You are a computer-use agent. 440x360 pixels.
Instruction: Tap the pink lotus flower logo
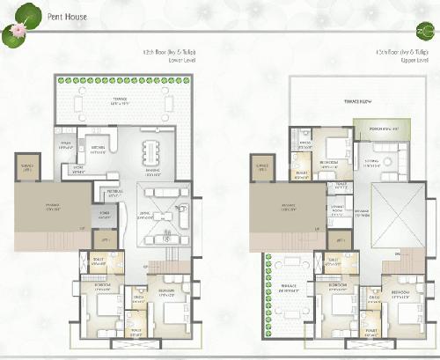click(x=14, y=33)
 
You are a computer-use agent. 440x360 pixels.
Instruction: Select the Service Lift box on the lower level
click(x=28, y=167)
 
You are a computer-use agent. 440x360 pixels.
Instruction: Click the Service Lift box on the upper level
click(x=262, y=167)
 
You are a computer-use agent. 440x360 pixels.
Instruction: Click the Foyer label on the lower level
click(x=105, y=213)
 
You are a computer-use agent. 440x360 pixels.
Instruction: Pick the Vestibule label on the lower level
click(x=114, y=191)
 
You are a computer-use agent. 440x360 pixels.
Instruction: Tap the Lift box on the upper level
click(x=339, y=241)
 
